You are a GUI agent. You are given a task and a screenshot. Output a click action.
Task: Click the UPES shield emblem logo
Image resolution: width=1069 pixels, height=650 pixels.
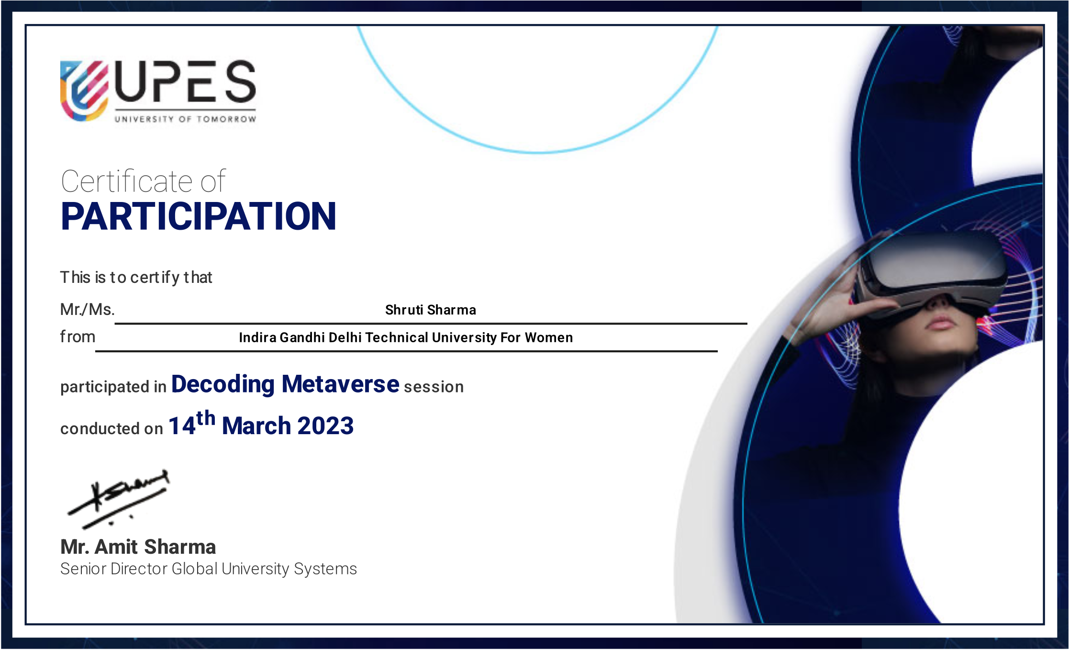(84, 90)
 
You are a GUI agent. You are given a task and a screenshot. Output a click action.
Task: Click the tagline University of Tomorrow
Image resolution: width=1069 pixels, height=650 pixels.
(185, 119)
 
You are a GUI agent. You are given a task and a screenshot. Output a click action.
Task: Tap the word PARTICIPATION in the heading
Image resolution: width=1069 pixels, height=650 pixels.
(199, 216)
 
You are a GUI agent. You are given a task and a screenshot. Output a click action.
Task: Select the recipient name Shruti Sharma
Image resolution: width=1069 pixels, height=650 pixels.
(431, 310)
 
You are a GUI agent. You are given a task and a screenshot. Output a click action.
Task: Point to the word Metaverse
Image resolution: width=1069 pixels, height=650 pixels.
(340, 384)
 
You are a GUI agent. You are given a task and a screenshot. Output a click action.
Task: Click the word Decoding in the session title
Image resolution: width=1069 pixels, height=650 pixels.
(223, 385)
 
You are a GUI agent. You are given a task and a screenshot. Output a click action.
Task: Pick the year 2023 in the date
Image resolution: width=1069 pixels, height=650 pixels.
(325, 426)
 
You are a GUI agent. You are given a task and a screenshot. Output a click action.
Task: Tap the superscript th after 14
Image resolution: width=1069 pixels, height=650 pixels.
(206, 418)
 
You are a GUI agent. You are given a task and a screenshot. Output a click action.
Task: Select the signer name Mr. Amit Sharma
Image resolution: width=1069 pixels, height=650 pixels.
(138, 547)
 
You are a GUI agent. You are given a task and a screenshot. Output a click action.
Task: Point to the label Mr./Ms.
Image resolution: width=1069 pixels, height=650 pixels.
(88, 310)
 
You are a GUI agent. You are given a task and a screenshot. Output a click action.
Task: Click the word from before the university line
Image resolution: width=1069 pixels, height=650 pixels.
(78, 336)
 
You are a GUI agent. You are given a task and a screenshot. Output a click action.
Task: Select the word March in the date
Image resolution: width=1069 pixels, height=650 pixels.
(256, 426)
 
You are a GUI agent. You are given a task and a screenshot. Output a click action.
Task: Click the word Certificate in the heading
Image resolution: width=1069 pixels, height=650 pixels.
(127, 181)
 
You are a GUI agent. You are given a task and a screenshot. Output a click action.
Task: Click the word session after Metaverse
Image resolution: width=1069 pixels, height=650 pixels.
(434, 387)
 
